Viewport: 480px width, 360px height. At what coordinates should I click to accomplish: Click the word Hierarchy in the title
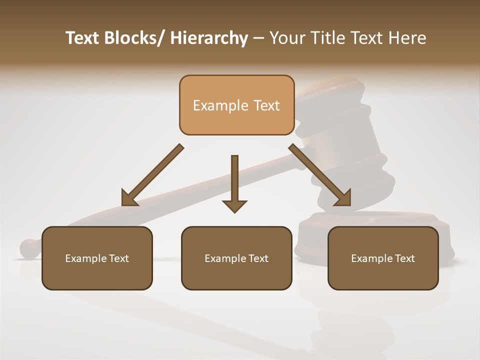209,38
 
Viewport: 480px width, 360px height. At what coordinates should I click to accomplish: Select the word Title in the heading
327,38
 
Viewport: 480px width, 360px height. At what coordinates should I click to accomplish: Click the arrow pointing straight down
234,180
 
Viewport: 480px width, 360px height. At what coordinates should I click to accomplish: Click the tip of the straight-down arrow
234,211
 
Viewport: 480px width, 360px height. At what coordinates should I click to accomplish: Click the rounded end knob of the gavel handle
29,248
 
